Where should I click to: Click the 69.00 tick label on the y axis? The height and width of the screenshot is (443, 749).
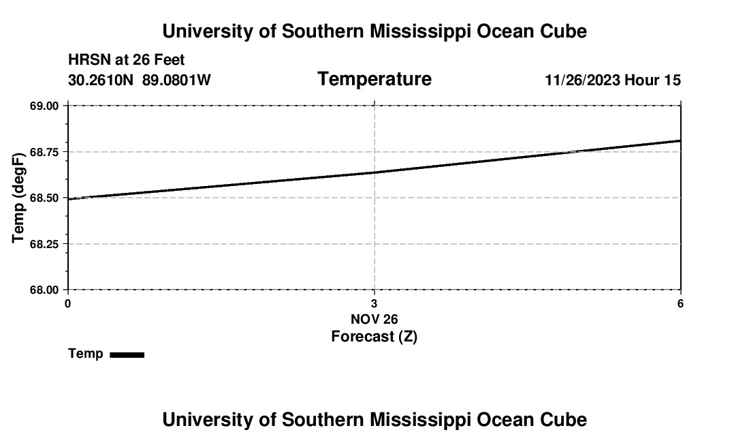coord(44,106)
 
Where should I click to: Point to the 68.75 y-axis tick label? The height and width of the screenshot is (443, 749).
coord(44,152)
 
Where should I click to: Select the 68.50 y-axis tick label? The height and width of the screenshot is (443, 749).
coord(44,198)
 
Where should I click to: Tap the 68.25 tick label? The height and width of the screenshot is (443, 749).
coord(44,244)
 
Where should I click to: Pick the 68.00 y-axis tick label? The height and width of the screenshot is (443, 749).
coord(44,290)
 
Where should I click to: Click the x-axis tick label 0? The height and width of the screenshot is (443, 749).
coord(67,303)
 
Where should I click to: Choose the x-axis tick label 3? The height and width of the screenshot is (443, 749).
coord(374,303)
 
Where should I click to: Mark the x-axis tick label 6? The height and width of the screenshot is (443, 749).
coord(680,303)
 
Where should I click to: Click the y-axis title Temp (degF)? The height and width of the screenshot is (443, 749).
coord(19,198)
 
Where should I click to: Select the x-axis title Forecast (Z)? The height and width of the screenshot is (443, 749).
coord(374,337)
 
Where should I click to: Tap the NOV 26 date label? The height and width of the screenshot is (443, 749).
coord(374,319)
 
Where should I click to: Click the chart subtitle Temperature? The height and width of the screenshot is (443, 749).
coord(374,80)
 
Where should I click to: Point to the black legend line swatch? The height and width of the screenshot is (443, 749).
coord(127,354)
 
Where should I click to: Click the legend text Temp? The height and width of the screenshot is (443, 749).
coord(86,354)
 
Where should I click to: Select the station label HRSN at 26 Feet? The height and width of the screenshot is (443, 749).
coord(127,61)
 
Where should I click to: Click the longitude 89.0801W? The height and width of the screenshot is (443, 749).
coord(176,80)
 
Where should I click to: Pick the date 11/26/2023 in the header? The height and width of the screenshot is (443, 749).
coord(582,80)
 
